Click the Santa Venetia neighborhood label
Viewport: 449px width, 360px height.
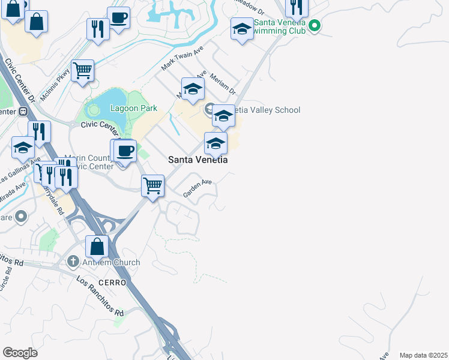click(x=197, y=160)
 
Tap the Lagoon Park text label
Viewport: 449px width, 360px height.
click(x=133, y=109)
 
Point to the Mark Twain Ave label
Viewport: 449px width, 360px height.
click(x=182, y=59)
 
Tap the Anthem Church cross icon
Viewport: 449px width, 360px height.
click(x=73, y=262)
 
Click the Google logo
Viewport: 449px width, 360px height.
click(x=20, y=353)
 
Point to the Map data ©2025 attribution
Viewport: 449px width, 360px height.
click(x=424, y=355)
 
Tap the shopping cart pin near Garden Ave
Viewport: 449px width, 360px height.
click(x=153, y=185)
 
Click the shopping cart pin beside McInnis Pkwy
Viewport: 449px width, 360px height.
click(x=82, y=70)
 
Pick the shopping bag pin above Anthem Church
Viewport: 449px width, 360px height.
click(x=97, y=246)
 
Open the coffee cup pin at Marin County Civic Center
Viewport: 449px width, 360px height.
click(x=125, y=151)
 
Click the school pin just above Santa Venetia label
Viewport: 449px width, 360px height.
click(x=215, y=143)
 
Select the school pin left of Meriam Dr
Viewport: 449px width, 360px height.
click(x=193, y=89)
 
